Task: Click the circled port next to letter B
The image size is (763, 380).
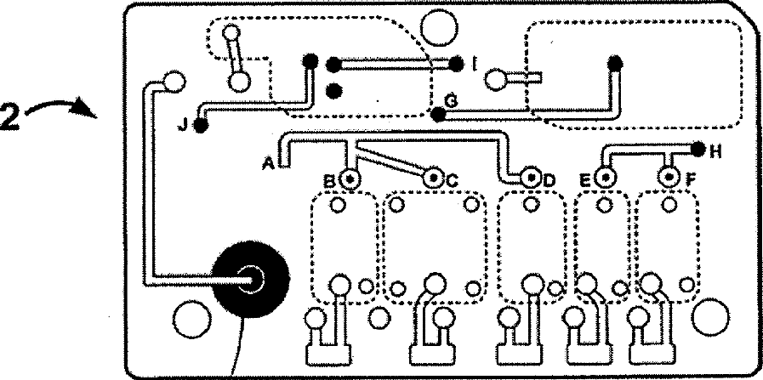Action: point(350,179)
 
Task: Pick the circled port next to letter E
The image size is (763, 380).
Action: point(605,179)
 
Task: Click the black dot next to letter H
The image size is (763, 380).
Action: point(698,150)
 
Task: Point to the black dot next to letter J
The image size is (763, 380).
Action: point(202,127)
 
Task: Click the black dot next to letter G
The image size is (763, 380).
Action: point(438,113)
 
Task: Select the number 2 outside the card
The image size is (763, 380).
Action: point(10,113)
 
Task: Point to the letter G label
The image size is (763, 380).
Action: point(452,101)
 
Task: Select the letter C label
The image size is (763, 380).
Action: point(452,180)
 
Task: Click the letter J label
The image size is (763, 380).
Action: point(184,125)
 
